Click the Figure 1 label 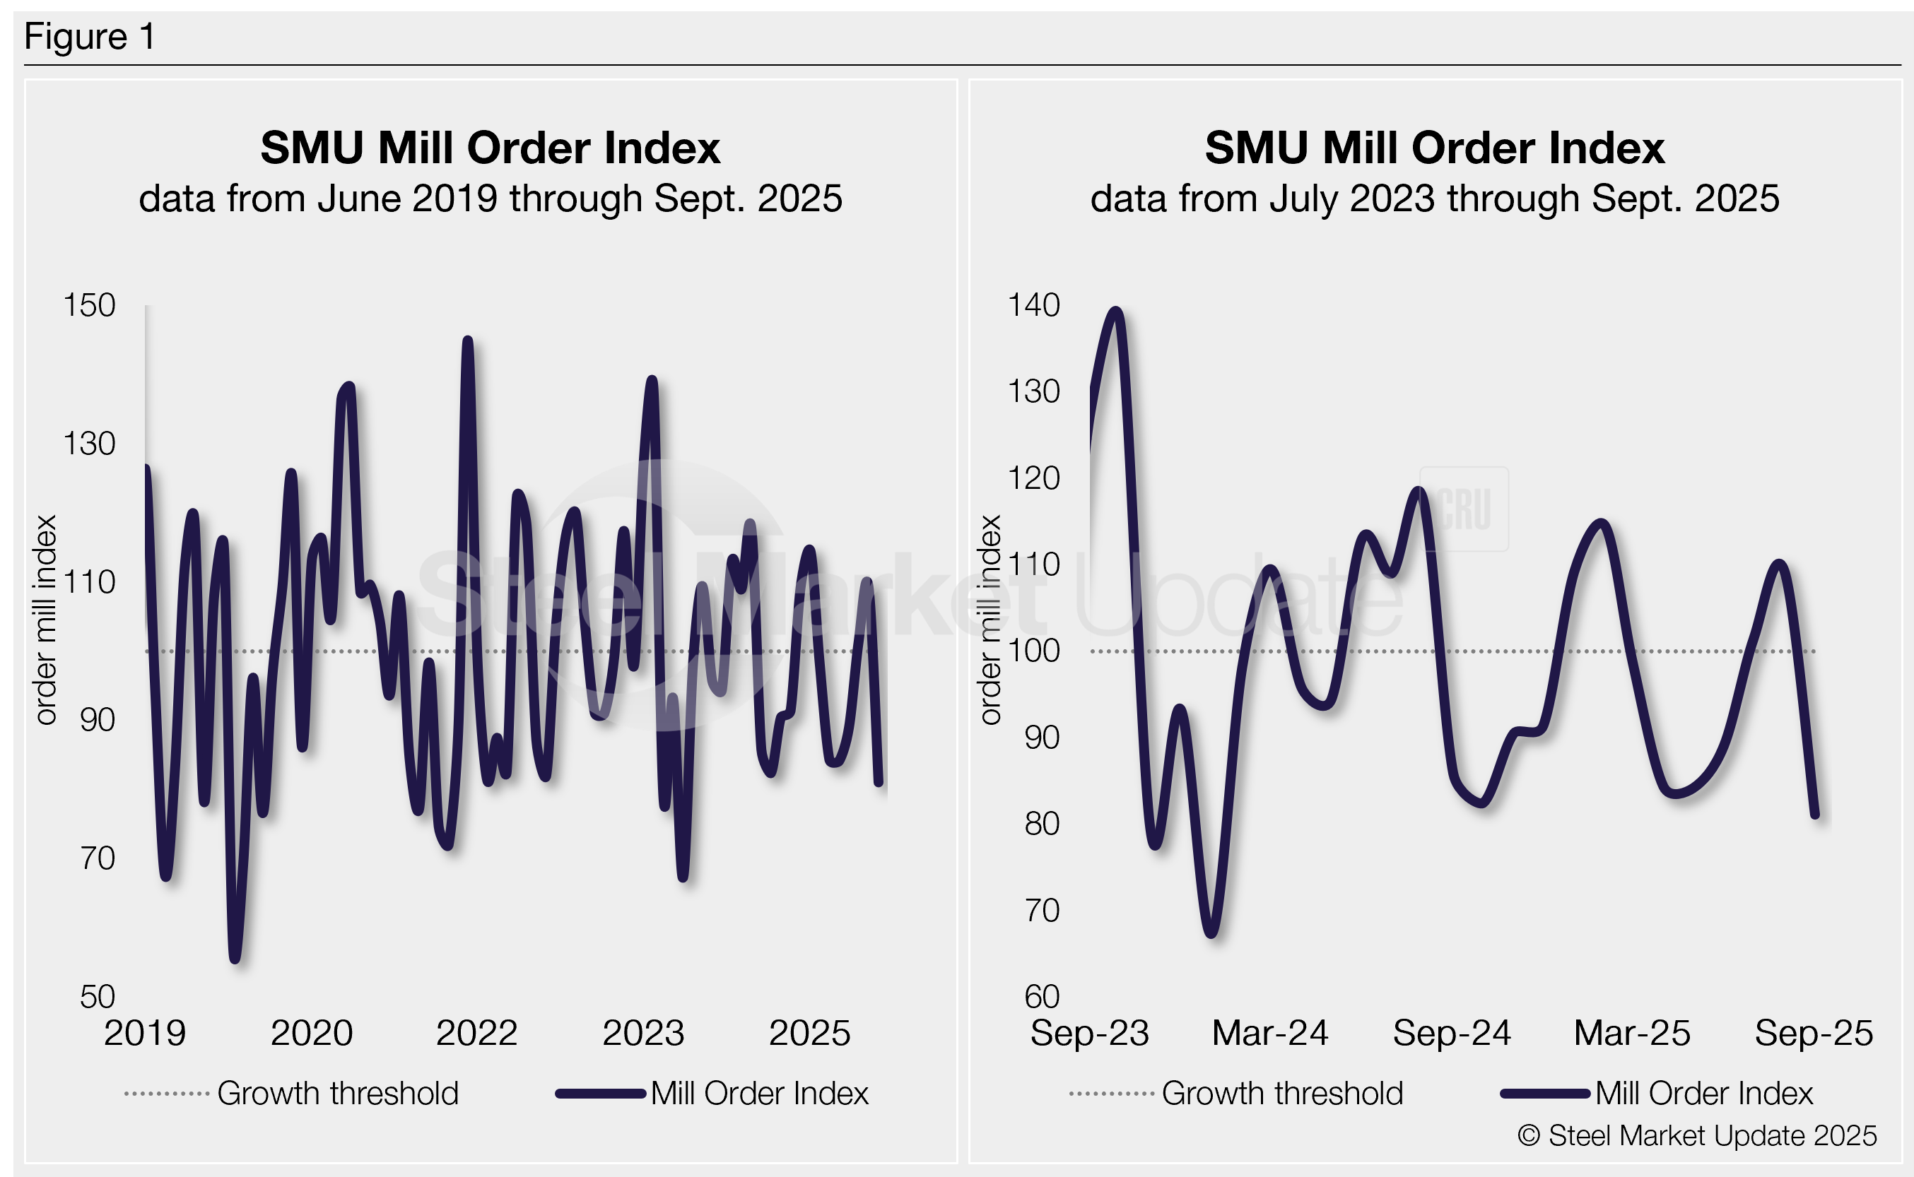[x=90, y=37]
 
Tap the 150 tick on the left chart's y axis [x=89, y=305]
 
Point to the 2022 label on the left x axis [x=476, y=1033]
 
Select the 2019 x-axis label [x=145, y=1033]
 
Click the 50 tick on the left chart [x=98, y=996]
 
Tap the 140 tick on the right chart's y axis [x=1033, y=305]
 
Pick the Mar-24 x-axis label [x=1270, y=1033]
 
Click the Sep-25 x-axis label [x=1814, y=1033]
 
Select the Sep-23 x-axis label [x=1089, y=1033]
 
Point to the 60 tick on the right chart [x=1042, y=996]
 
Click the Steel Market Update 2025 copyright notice [x=1697, y=1136]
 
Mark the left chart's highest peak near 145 [x=468, y=341]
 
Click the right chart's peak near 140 [x=1117, y=311]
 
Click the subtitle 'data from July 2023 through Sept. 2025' [x=1434, y=199]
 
